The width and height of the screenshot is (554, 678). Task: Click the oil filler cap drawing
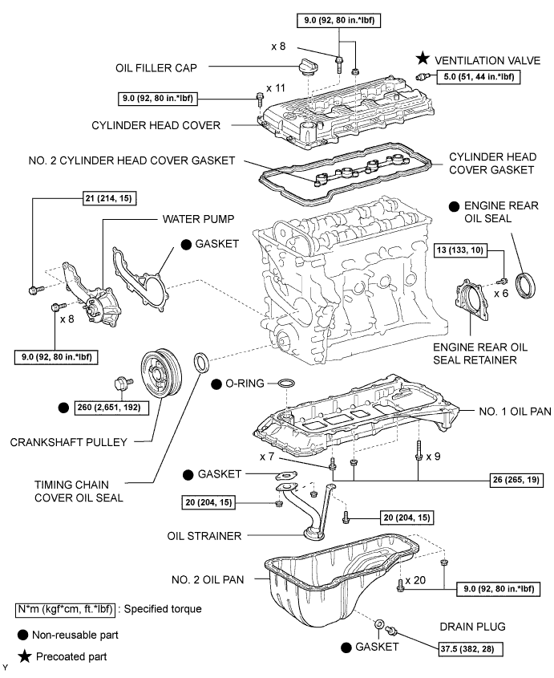[306, 67]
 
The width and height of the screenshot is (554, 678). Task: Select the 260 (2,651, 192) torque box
[111, 408]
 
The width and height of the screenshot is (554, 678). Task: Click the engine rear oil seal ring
[527, 285]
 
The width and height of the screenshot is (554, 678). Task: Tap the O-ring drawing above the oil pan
[286, 383]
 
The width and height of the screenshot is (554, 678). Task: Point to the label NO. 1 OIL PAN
[515, 411]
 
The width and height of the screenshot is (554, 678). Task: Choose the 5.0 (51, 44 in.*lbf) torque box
[479, 77]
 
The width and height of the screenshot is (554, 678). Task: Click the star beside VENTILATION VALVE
[423, 59]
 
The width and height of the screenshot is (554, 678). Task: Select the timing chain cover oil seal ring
[201, 363]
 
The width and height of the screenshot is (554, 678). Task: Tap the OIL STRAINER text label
[204, 536]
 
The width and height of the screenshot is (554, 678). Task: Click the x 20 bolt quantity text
[415, 580]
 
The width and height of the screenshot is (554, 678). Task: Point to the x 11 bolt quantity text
[276, 88]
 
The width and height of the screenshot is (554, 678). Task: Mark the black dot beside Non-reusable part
[23, 635]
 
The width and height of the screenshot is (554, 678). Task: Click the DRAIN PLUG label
[472, 627]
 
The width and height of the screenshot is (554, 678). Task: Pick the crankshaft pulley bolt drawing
[123, 383]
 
